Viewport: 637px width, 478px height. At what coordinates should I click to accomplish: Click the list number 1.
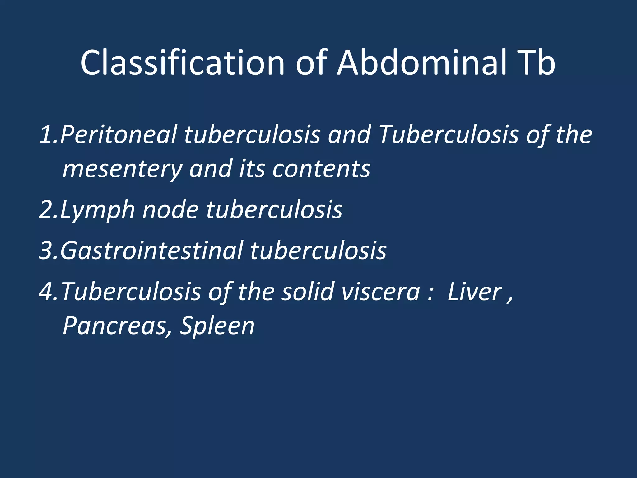tap(47, 135)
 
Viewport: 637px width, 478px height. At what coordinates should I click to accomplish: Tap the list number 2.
tap(47, 210)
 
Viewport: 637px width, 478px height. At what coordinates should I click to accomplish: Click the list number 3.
tap(47, 251)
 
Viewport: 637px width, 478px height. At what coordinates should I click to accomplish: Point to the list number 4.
tap(47, 292)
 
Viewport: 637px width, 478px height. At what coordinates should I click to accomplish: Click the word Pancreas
tap(117, 326)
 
